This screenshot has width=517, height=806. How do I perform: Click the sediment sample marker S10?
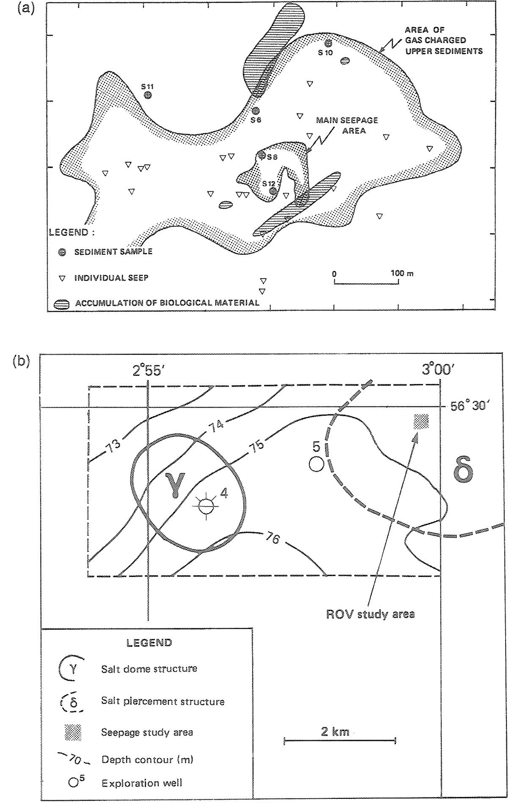(328, 43)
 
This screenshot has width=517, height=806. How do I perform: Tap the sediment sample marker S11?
(148, 95)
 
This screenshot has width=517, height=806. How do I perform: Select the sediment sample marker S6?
(255, 111)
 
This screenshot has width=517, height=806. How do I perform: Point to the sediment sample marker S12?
(273, 191)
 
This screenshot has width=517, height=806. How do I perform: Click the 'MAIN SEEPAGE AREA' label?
(347, 125)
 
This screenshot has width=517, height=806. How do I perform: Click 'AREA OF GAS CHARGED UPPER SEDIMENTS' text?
(443, 41)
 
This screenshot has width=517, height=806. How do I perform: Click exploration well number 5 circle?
(316, 464)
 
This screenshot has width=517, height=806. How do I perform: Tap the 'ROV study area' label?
(370, 614)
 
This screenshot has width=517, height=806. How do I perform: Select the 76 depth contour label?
(274, 538)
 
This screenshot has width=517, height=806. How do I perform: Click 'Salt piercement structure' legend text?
(162, 701)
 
